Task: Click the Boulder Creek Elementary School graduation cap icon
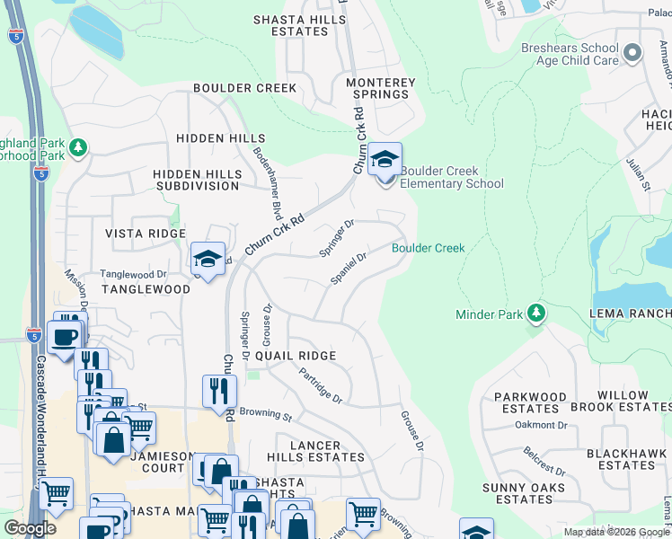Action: (x=385, y=161)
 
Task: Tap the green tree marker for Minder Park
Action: (x=536, y=313)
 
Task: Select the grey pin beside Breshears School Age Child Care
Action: (x=632, y=53)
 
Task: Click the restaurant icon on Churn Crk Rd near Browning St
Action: (x=219, y=391)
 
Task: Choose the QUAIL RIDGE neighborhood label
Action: (x=296, y=356)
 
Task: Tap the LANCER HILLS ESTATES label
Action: (x=315, y=451)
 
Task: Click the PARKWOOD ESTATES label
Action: (x=530, y=402)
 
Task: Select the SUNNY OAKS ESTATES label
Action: (x=523, y=493)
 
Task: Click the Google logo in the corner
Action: (x=31, y=528)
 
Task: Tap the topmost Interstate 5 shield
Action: (x=16, y=37)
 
